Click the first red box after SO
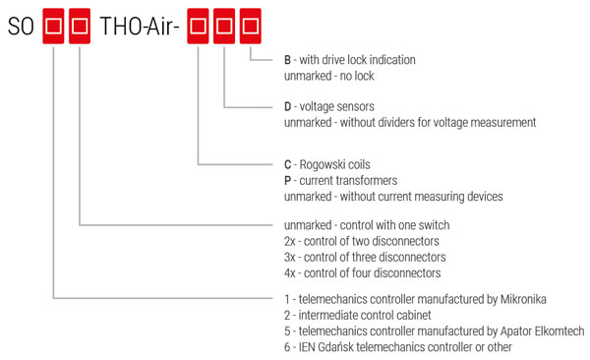coord(54,25)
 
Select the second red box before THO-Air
coord(81,25)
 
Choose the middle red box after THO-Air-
coord(225,25)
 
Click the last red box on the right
coord(251,25)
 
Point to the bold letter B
coord(287,60)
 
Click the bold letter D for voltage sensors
coord(287,107)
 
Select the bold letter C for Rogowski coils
coord(287,165)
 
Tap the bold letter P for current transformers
coord(287,181)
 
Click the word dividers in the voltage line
coord(412,123)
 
